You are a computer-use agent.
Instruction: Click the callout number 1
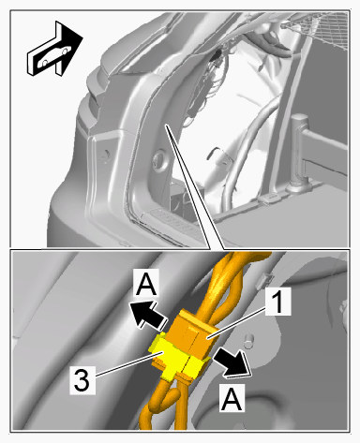278,301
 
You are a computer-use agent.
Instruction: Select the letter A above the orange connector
146,283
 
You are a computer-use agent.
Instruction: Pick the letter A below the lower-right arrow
232,399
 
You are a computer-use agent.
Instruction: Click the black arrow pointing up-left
147,316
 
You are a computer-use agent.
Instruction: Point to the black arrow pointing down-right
232,362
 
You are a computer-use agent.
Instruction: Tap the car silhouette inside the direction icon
54,56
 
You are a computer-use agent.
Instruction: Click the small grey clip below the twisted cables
263,280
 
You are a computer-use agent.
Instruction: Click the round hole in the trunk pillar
159,158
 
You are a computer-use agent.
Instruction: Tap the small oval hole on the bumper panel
106,155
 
